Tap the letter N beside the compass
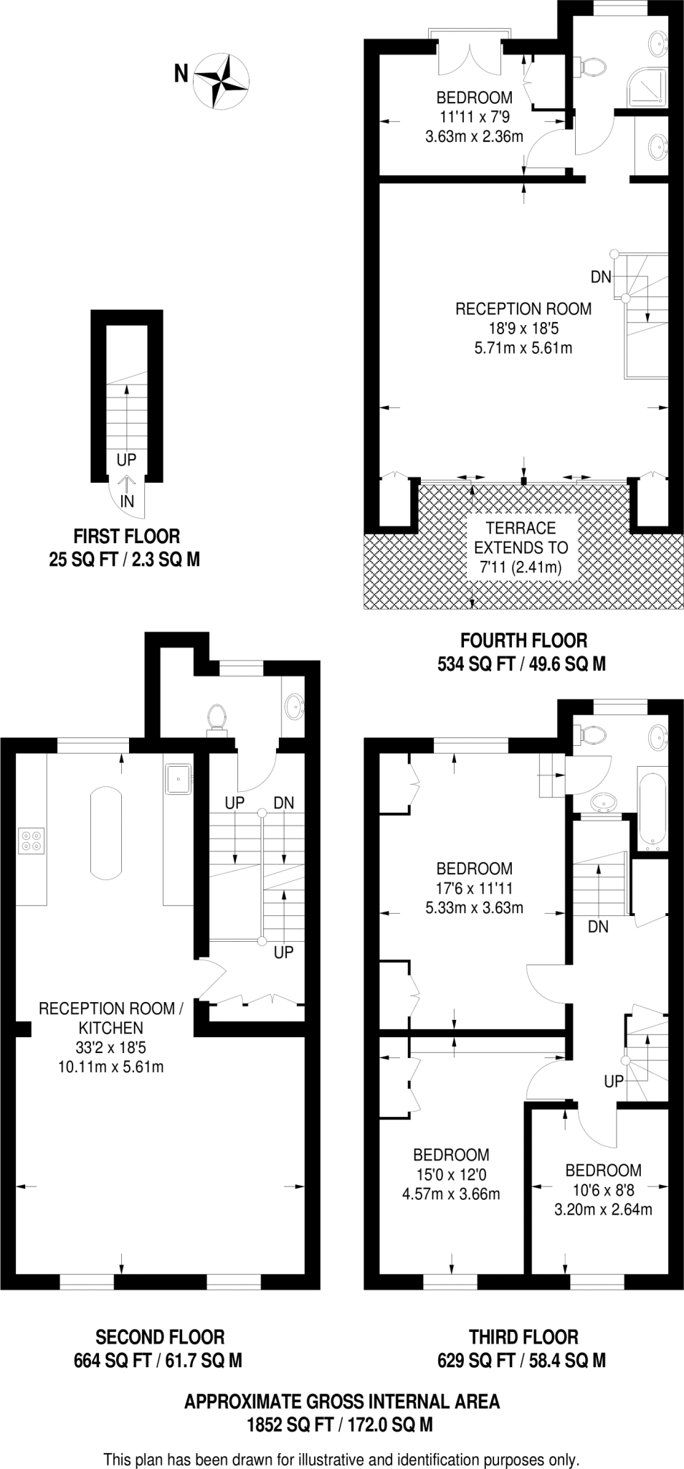click(182, 73)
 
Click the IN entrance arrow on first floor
click(127, 493)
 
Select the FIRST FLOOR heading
click(126, 536)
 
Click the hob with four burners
click(31, 840)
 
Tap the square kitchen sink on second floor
click(179, 780)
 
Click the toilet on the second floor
click(217, 717)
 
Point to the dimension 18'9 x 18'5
click(523, 329)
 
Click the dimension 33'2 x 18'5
click(111, 1047)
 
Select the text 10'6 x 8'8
click(603, 1190)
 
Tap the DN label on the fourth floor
click(601, 276)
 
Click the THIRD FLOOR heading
click(523, 1337)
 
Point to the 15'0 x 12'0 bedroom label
click(451, 1174)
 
